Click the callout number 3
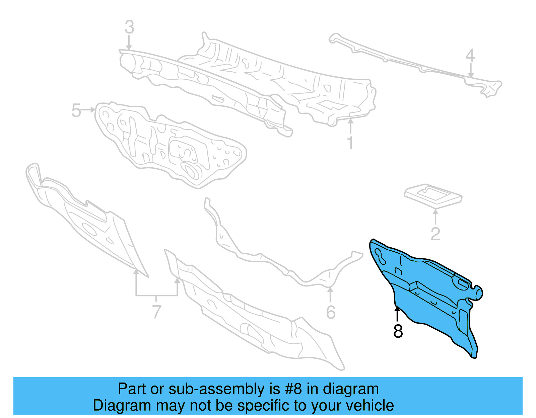pos(130,27)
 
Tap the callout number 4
pos(470,55)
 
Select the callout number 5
pos(76,110)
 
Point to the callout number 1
pos(350,142)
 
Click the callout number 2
pos(435,234)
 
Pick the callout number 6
pos(331,312)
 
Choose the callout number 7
pos(157,312)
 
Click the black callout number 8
pos(398,331)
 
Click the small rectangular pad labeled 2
pos(433,196)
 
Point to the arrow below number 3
pos(129,43)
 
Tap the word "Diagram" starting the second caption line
pos(122,406)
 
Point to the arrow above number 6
pos(330,295)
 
